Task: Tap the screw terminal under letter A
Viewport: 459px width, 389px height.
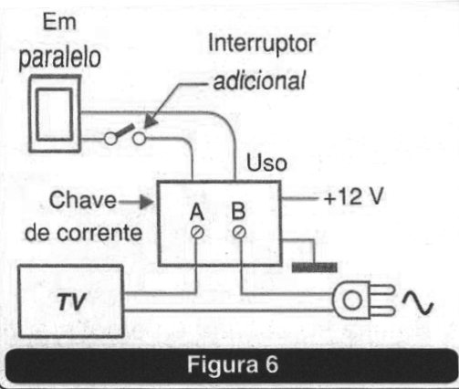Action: tap(197, 233)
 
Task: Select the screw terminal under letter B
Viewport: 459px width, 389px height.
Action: tap(239, 232)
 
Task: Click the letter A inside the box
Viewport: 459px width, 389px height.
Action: tap(197, 212)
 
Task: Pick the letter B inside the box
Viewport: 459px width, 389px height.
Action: tap(238, 210)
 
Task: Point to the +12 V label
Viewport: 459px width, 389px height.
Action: tap(353, 196)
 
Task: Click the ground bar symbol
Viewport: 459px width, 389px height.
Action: tap(315, 268)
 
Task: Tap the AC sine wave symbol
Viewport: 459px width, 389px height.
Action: tap(418, 302)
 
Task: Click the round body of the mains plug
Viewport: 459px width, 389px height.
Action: tap(351, 300)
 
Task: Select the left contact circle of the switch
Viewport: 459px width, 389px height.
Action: tap(110, 139)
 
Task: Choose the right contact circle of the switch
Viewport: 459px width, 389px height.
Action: tap(140, 139)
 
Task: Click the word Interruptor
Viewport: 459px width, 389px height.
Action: tap(262, 44)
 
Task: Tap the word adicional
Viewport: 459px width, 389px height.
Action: tap(259, 80)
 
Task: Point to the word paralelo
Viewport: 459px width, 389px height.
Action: tap(59, 58)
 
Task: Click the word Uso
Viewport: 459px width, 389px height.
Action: tap(266, 163)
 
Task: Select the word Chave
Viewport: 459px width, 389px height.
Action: tap(83, 200)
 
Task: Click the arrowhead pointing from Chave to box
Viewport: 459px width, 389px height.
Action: tap(147, 202)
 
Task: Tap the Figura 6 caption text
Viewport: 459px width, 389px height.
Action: tap(233, 364)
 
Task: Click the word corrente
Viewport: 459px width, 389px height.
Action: tap(99, 234)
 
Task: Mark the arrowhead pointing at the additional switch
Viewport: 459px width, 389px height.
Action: tap(151, 122)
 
